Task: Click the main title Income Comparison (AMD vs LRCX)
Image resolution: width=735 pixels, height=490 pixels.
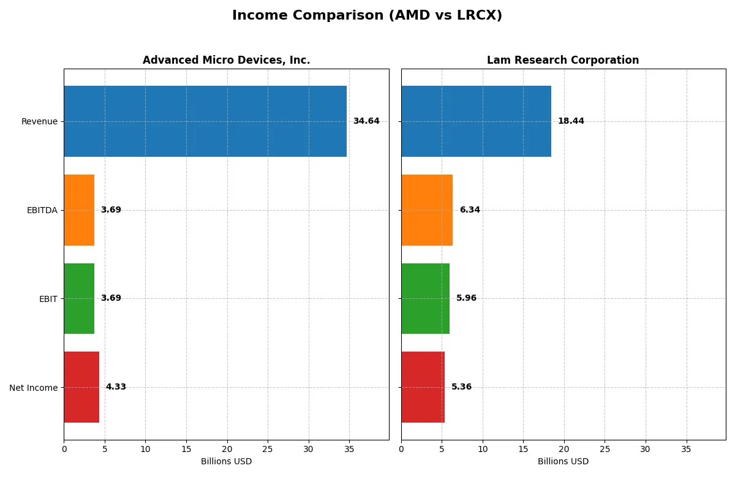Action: (x=367, y=16)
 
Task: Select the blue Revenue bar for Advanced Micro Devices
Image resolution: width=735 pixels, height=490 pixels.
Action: (x=205, y=121)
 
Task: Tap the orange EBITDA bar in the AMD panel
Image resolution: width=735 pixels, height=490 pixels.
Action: (x=79, y=210)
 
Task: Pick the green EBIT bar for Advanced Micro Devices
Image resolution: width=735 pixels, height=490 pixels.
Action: (x=79, y=298)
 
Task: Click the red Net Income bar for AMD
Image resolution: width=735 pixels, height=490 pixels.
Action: (x=81, y=387)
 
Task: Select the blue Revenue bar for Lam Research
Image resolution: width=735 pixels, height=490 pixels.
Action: (x=476, y=121)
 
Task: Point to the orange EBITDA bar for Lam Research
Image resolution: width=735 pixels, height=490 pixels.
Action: (x=427, y=210)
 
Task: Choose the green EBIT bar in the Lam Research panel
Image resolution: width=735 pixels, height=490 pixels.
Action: (x=426, y=298)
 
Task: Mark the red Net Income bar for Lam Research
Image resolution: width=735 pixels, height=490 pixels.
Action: (x=423, y=387)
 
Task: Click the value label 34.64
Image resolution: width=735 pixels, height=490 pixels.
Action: (x=366, y=121)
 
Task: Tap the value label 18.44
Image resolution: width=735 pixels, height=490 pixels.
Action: (x=571, y=121)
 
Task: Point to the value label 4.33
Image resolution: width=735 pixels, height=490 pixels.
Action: (x=116, y=387)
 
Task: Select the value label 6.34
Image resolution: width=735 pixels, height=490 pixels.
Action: (x=470, y=210)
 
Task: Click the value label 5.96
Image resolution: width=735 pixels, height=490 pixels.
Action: (x=466, y=298)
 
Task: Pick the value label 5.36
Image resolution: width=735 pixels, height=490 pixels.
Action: (x=461, y=387)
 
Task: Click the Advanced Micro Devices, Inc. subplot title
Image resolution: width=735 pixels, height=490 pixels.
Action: (x=226, y=61)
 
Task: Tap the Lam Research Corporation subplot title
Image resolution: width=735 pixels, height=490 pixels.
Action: (x=563, y=61)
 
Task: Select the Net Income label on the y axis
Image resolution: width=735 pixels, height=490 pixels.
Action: (x=33, y=388)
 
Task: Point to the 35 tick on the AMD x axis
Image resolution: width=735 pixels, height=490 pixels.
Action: (x=349, y=449)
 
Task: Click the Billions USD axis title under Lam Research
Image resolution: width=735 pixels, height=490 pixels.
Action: (x=563, y=462)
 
